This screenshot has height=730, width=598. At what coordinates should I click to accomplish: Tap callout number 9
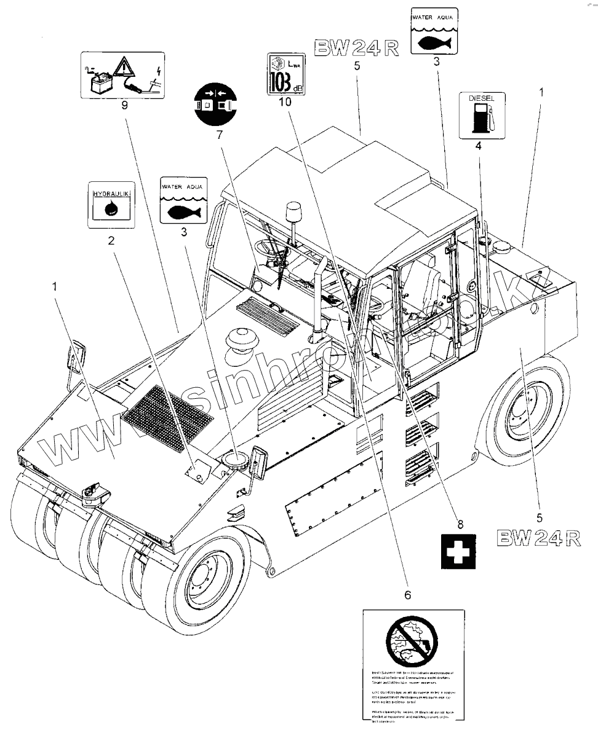[124, 105]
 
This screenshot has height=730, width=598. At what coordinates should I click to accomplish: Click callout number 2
[111, 241]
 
